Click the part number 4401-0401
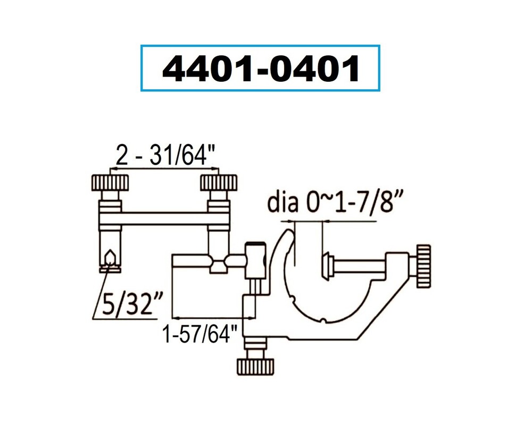pos(260,69)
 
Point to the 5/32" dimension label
pos(124,306)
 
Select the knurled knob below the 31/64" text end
pos(218,183)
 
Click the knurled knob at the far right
pos(424,265)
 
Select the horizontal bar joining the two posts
pos(164,218)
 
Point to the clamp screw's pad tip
pos(326,266)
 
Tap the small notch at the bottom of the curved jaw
pos(323,320)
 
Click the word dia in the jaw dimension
pos(281,203)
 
